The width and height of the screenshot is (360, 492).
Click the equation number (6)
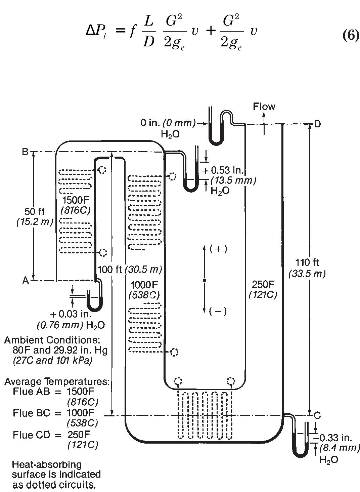click(x=351, y=35)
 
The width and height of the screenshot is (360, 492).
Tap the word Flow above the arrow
click(x=264, y=107)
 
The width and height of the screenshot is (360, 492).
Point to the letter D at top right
click(x=317, y=124)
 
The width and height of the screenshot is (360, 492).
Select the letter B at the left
click(x=25, y=152)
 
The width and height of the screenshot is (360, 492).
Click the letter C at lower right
click(x=317, y=415)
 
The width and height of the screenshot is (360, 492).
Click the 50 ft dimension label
click(x=35, y=212)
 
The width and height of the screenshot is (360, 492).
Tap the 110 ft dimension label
click(x=307, y=262)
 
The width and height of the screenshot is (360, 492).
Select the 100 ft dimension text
click(x=110, y=269)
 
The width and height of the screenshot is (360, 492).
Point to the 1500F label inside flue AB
click(x=76, y=200)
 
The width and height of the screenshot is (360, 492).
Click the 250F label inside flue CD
click(x=263, y=285)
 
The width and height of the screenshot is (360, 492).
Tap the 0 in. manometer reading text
click(x=150, y=123)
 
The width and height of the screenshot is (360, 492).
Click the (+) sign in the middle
click(x=218, y=249)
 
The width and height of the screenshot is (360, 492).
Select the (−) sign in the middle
click(x=218, y=311)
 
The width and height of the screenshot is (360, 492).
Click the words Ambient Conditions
click(x=52, y=340)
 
